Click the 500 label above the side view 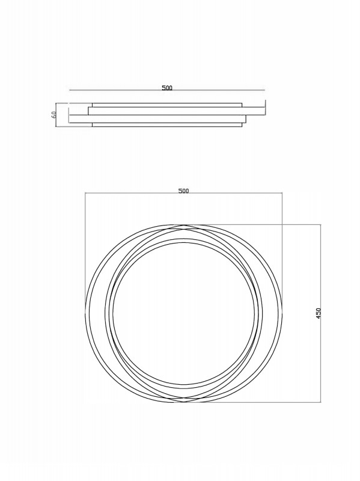pos(167,88)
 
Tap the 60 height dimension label pos(53,115)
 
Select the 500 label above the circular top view pos(184,191)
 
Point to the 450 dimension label pos(319,313)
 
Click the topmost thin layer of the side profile pos(167,105)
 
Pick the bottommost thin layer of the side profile pos(167,124)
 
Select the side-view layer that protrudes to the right pos(177,111)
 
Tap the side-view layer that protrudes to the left pos(157,119)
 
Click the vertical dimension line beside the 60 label pos(55,115)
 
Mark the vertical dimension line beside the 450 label pos(321,313)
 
